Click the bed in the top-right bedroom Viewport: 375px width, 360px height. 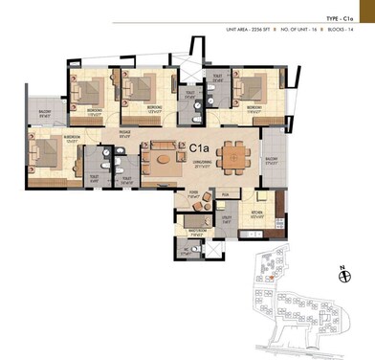point(252,90)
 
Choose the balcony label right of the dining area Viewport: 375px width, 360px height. point(271,160)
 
